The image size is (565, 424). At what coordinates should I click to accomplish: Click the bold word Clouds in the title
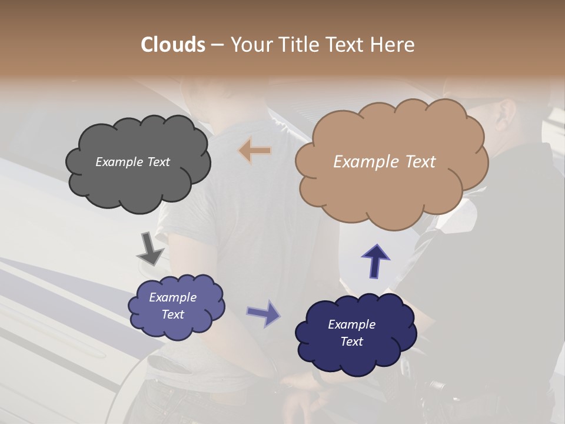172,45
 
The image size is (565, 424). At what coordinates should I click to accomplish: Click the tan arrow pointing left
255,151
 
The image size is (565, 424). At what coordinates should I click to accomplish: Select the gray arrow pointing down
150,248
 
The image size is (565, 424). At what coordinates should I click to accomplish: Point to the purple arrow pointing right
264,313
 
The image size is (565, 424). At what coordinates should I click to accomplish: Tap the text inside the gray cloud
132,162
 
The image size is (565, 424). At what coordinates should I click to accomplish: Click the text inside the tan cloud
384,162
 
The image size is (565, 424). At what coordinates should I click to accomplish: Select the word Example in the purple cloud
172,297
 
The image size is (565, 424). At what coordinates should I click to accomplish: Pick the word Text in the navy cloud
351,342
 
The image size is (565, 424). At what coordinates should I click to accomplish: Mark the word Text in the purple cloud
172,314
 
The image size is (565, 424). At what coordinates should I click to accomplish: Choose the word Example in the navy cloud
351,324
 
